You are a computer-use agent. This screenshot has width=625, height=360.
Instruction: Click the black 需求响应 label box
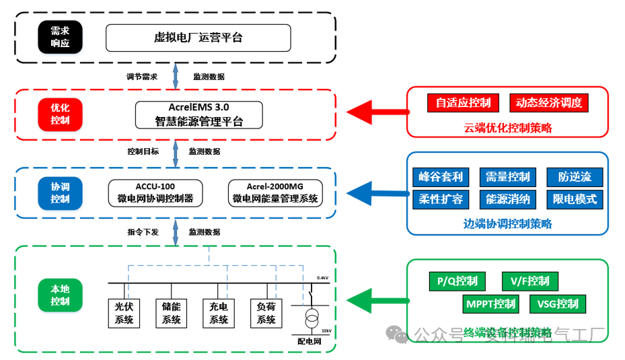[x=59, y=38]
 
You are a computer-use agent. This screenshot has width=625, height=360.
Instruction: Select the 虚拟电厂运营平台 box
[x=198, y=38]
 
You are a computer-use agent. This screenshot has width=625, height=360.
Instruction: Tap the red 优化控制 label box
[x=59, y=114]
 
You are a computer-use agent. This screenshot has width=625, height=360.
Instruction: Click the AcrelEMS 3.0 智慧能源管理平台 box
[x=198, y=114]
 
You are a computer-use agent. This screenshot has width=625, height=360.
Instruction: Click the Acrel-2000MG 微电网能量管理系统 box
[x=274, y=192]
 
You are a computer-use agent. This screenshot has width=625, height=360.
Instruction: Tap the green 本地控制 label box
[x=59, y=295]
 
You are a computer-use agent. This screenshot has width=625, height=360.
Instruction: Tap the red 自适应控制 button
[x=464, y=103]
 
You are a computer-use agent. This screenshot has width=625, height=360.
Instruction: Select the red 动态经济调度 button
[x=549, y=103]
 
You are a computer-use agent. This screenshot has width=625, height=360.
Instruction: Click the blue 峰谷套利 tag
[x=441, y=177]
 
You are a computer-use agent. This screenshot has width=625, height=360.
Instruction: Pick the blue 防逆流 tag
[x=575, y=177]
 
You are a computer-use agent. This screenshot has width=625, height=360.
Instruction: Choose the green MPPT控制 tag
[x=491, y=304]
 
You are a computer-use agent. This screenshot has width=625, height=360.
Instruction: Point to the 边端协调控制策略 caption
[x=507, y=224]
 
